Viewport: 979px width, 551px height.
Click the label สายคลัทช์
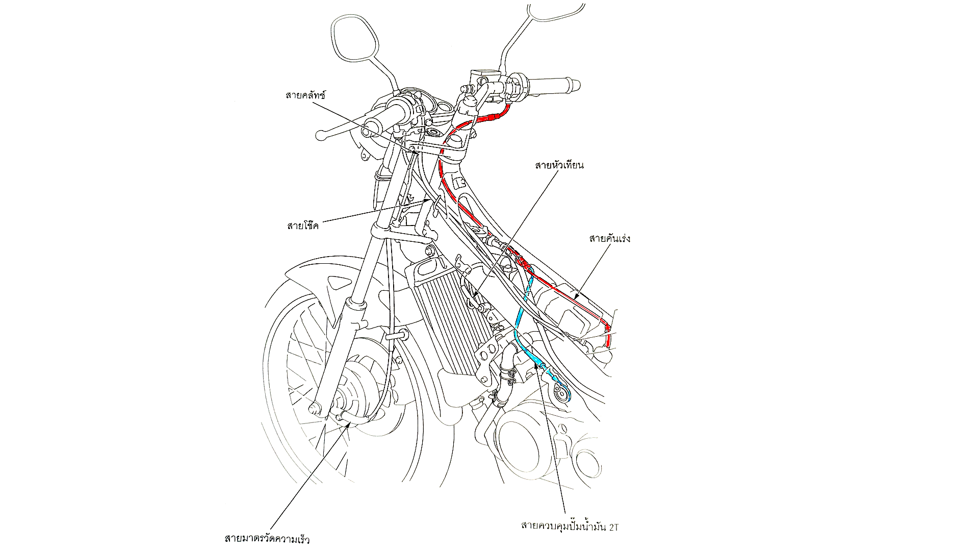coord(305,95)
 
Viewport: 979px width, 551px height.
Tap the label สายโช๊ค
coord(302,225)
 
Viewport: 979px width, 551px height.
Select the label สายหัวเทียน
coord(559,165)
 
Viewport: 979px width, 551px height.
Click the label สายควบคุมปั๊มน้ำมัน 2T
coord(569,525)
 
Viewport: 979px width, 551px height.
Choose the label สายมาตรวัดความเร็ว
coord(267,539)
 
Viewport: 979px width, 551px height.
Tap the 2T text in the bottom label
coord(613,525)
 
